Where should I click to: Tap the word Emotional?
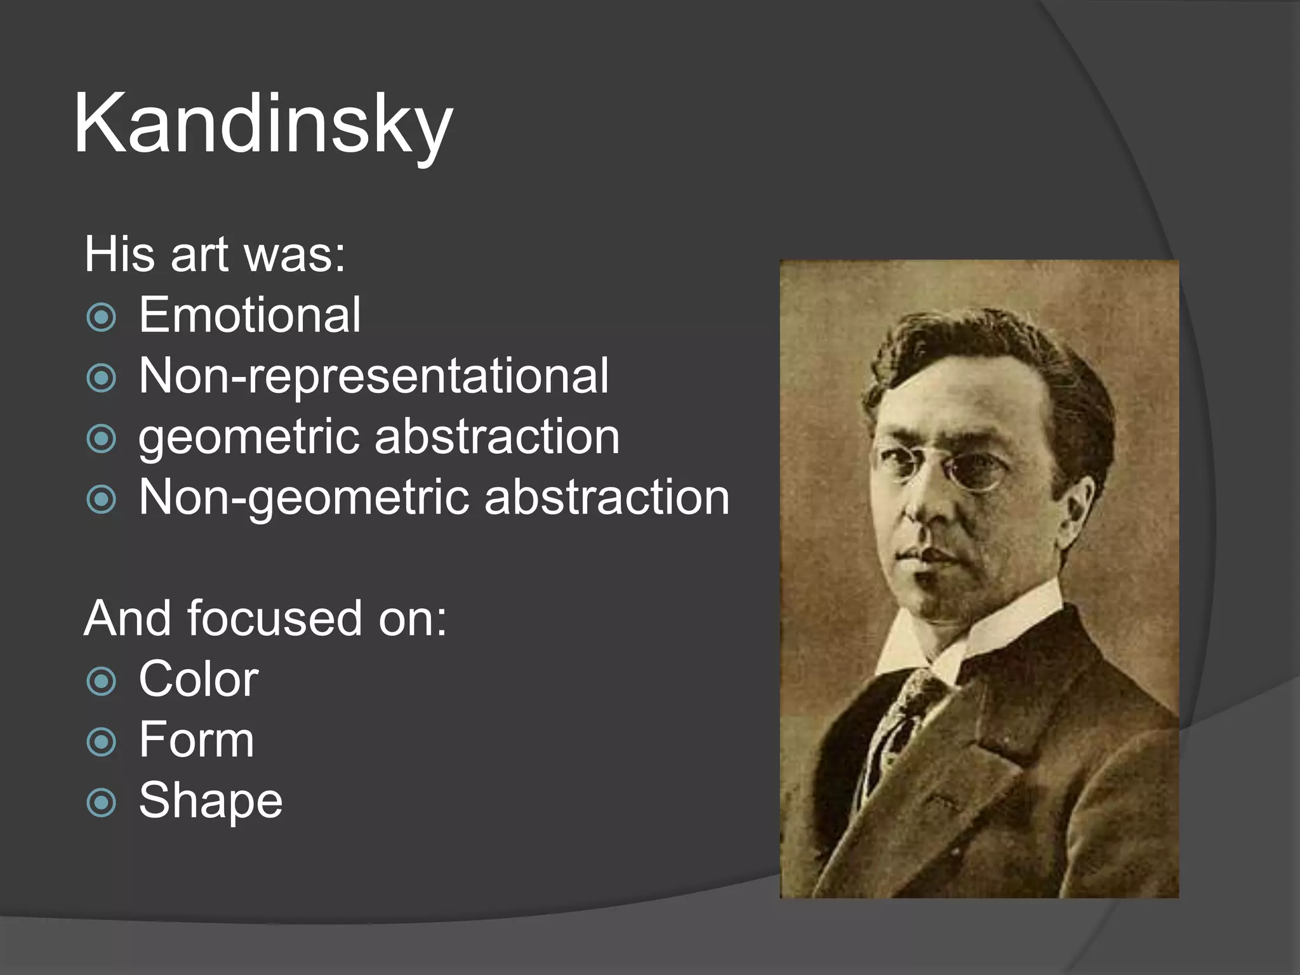249,315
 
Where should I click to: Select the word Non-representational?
373,376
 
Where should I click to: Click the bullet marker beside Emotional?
102,317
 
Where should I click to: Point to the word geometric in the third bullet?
250,438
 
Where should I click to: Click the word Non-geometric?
304,497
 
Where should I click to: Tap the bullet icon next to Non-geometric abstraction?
102,500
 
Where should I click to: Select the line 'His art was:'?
215,255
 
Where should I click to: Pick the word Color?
198,679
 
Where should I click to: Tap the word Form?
196,740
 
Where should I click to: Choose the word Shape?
210,800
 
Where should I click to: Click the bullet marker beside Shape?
102,803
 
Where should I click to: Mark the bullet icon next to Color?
102,682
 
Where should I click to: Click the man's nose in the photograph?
920,501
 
